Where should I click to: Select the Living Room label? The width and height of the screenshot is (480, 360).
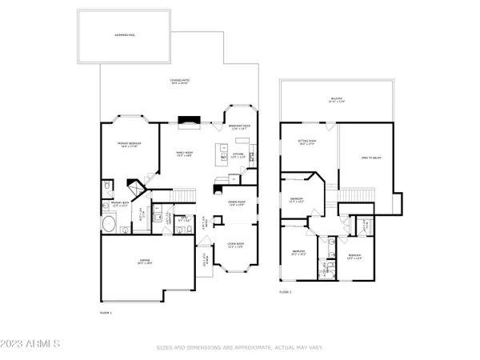coord(234,244)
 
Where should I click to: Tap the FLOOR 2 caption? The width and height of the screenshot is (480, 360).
coord(286,294)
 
